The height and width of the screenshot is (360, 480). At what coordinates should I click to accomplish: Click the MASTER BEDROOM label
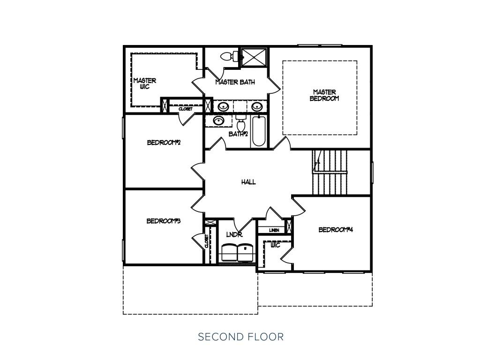point(324,95)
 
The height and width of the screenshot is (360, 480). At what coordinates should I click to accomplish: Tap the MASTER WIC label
point(145,83)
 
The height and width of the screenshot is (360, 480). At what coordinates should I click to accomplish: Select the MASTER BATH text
point(235,82)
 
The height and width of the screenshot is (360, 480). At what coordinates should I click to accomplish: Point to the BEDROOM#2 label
point(164,142)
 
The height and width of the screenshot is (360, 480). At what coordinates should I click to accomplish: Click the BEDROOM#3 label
point(164,221)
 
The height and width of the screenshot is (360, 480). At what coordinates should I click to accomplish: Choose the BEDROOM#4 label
point(336,230)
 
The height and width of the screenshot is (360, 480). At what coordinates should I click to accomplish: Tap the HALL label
point(248,182)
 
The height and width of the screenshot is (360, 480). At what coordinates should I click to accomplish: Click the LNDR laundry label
point(234,234)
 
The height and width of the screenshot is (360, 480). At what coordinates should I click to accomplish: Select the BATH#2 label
point(238,134)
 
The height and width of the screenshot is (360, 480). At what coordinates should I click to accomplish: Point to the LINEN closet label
point(274,230)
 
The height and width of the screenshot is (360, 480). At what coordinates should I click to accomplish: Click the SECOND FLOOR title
point(241,337)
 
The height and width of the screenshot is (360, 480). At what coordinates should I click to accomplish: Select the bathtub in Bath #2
point(259,131)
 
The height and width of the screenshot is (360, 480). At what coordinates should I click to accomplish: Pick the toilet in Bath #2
point(241,123)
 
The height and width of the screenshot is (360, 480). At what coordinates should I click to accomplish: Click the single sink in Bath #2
point(218,120)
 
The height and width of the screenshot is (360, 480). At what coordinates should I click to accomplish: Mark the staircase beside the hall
point(330,172)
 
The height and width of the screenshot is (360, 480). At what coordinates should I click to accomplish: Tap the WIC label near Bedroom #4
point(276,245)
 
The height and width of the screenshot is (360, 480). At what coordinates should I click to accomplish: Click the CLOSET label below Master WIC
point(186,109)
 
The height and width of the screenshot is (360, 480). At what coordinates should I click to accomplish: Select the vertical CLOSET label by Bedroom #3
point(207,241)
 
